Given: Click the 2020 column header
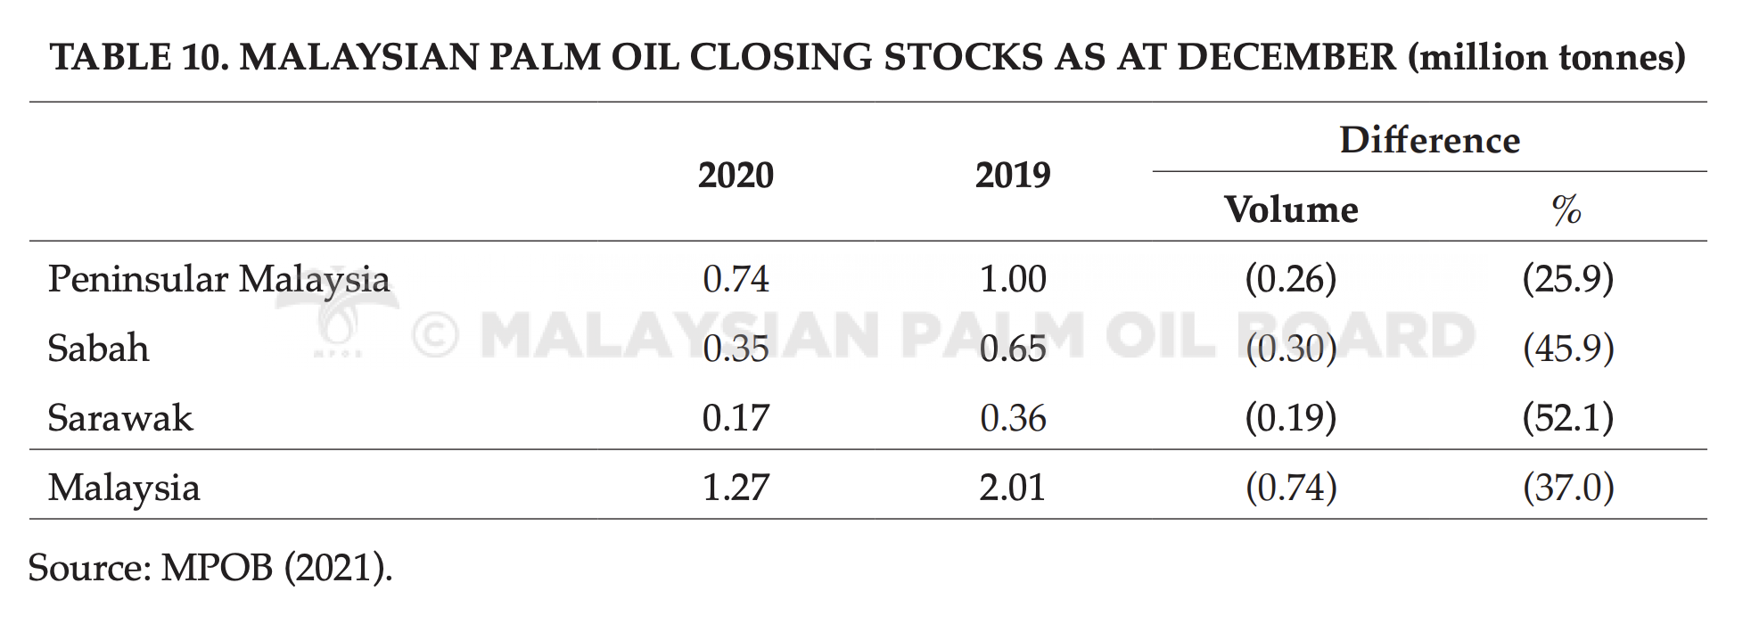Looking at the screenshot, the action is click(x=736, y=175).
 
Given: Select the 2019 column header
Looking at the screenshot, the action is click(x=1013, y=175).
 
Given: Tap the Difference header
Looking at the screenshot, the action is click(x=1429, y=140).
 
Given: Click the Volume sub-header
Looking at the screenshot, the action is click(x=1291, y=209).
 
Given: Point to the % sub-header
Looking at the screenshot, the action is click(x=1566, y=210).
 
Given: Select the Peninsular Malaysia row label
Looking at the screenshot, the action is click(x=218, y=280).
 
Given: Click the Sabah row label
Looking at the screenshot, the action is click(x=98, y=348).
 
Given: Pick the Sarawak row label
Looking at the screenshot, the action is click(x=120, y=417).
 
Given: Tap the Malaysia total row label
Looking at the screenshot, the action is click(x=124, y=489).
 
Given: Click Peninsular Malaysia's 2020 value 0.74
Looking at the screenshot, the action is click(x=736, y=279).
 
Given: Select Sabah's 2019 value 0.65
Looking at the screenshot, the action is click(x=1013, y=349).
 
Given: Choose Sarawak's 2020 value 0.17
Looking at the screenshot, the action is click(x=736, y=418).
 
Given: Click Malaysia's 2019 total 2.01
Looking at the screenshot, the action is click(x=1013, y=488).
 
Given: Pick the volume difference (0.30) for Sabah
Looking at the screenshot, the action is click(x=1291, y=349).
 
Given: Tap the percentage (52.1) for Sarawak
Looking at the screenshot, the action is click(x=1568, y=418).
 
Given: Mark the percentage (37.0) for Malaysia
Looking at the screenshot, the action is click(x=1568, y=488).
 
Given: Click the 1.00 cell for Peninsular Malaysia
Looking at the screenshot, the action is click(x=1013, y=279).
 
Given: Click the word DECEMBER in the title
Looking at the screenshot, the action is click(x=1287, y=57).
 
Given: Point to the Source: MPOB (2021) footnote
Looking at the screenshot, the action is click(x=210, y=568).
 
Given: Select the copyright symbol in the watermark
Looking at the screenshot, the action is click(x=436, y=336).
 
